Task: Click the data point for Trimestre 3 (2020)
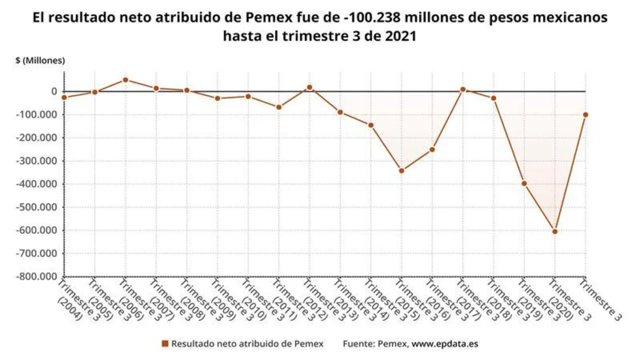(554, 231)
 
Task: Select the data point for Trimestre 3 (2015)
(401, 170)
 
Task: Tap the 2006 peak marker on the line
(125, 79)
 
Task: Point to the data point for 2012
(309, 87)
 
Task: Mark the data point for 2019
(524, 183)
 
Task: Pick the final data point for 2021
(585, 114)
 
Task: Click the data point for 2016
(432, 149)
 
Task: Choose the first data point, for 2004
(64, 97)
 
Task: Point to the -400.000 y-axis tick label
(37, 184)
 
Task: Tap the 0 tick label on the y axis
(52, 91)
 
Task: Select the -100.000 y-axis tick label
(37, 114)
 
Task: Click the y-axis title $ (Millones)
(40, 60)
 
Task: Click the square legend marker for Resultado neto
(164, 343)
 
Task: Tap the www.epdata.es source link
(444, 343)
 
